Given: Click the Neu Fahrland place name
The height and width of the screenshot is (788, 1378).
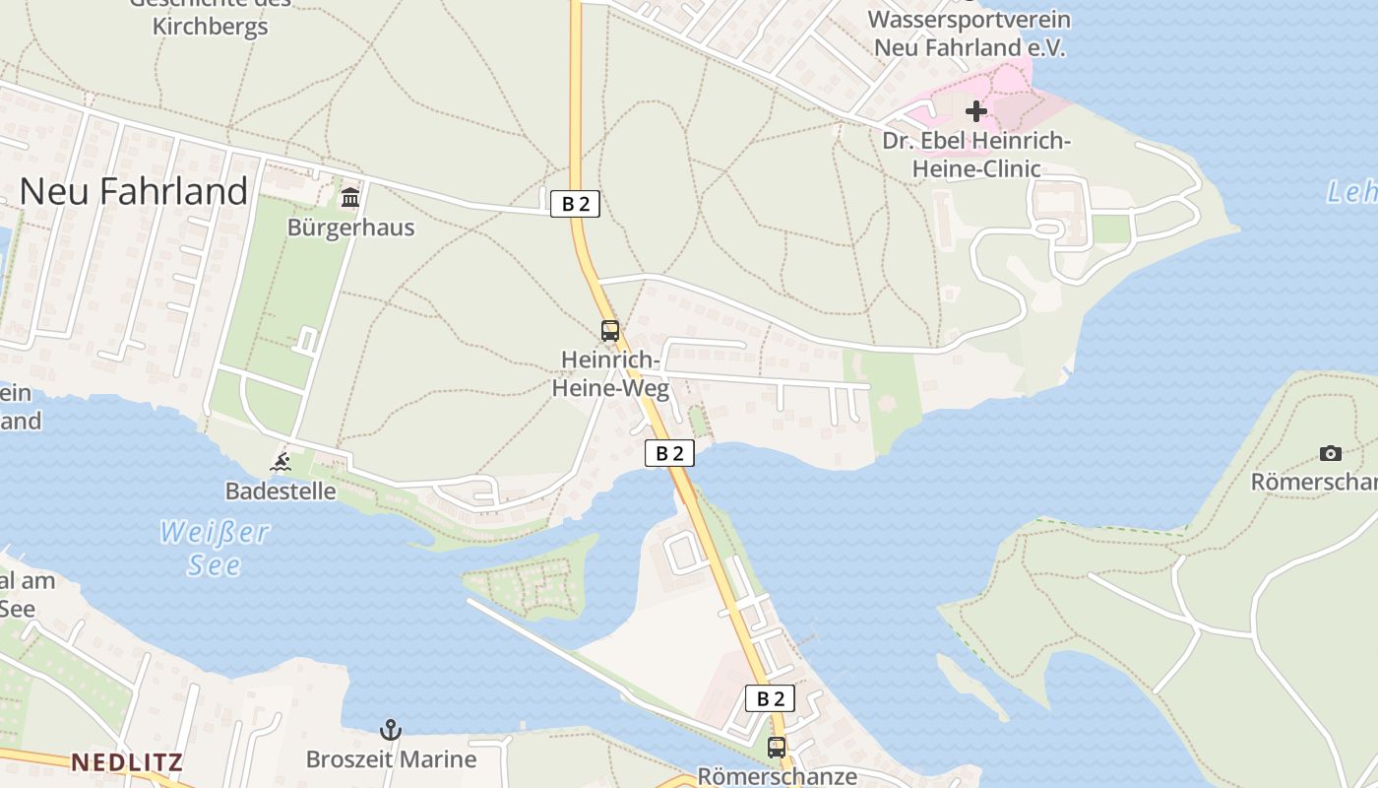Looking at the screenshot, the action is click(134, 191).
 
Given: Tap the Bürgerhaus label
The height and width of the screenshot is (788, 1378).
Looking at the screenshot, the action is click(350, 228).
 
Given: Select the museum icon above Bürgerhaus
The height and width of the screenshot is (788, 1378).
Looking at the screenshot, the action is click(350, 198).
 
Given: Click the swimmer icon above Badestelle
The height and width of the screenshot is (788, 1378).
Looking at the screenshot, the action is click(281, 461).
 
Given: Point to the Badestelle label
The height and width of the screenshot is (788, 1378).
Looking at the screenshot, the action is click(281, 491).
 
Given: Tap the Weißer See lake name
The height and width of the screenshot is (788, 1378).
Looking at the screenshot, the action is click(215, 549).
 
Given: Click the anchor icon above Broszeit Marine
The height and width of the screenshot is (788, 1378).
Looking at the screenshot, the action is click(391, 730).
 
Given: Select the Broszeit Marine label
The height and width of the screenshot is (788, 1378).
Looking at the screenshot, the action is click(391, 759).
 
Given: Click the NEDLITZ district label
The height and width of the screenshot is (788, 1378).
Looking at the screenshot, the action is click(127, 762).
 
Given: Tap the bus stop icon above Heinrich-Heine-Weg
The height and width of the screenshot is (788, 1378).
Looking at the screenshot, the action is click(610, 331).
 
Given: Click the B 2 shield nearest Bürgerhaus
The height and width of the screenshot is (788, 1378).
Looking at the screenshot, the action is click(575, 204).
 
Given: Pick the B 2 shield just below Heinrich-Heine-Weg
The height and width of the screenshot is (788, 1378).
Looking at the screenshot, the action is click(669, 453).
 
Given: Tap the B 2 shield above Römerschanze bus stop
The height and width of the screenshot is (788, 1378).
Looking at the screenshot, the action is click(770, 698).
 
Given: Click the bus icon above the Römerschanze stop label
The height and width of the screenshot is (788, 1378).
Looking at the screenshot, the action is click(777, 748).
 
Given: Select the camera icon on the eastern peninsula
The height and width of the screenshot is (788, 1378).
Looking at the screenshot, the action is click(1331, 453).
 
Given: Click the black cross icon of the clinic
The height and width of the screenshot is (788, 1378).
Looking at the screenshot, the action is click(975, 111).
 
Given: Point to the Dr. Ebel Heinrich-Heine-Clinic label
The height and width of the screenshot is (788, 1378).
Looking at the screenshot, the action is click(975, 155).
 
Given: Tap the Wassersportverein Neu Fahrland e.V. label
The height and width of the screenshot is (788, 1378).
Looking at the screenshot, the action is click(970, 33).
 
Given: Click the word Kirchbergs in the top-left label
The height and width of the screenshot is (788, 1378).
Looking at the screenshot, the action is click(210, 27).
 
